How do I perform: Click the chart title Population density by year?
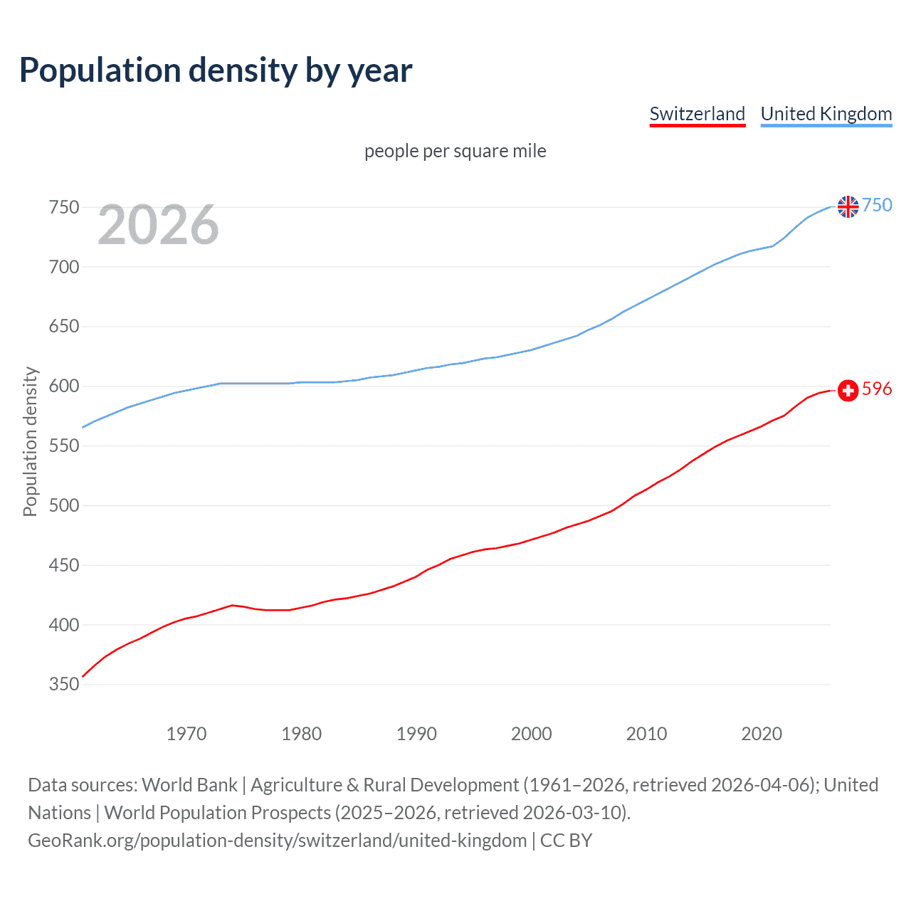[x=216, y=70]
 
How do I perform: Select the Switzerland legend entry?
[x=697, y=114]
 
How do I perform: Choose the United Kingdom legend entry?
[x=826, y=114]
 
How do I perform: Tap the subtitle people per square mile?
[x=455, y=151]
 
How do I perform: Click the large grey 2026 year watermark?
[x=158, y=225]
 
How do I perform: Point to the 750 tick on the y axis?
[x=63, y=207]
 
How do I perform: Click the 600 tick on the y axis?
[x=63, y=386]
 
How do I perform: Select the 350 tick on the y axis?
[x=63, y=685]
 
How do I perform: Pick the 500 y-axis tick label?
[x=63, y=506]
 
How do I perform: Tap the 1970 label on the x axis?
[x=186, y=734]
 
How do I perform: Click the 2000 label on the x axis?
[x=531, y=734]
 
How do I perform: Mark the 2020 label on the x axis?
[x=762, y=734]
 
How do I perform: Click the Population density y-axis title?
[x=30, y=441]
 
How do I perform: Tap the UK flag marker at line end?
[x=848, y=206]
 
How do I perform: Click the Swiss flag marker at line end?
[x=848, y=390]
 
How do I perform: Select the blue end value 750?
[x=877, y=205]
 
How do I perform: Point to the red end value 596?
[x=877, y=389]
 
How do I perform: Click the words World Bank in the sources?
[x=189, y=785]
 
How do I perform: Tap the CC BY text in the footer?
[x=566, y=841]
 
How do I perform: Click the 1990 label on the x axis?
[x=416, y=734]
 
